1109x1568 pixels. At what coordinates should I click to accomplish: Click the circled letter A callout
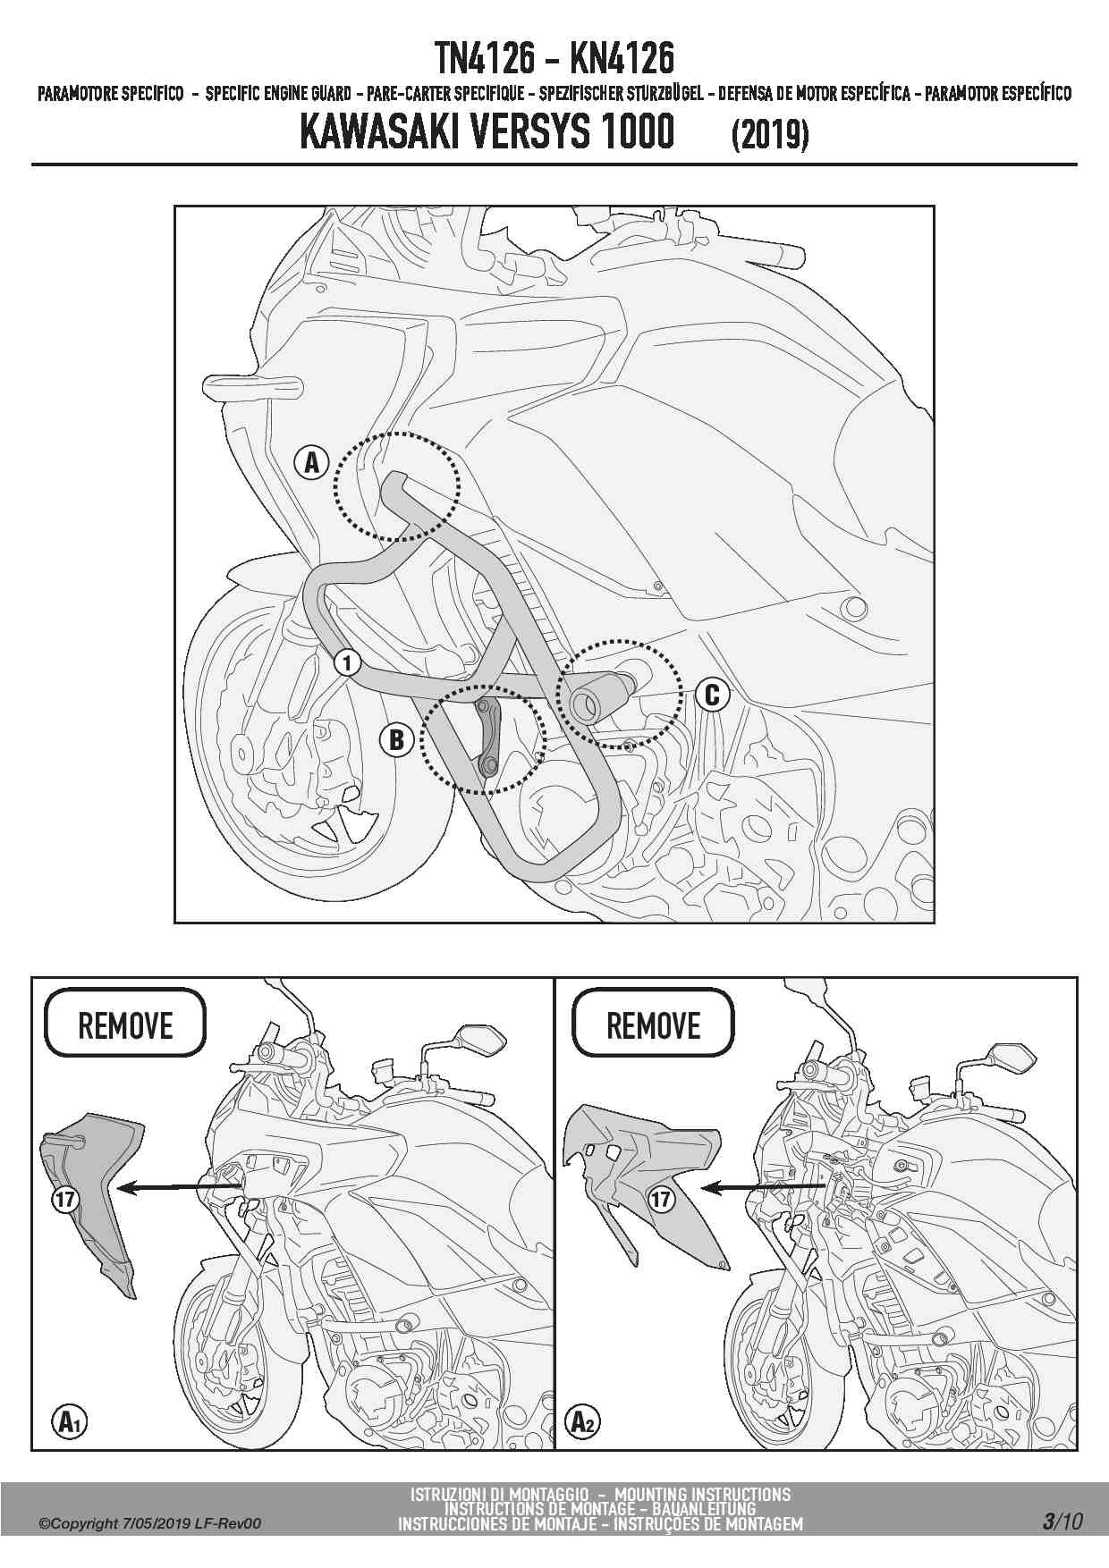[x=311, y=462]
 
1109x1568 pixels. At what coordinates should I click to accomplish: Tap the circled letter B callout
[x=395, y=739]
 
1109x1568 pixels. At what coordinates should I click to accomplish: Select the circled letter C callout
[x=712, y=694]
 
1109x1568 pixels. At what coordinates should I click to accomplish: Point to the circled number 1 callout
[x=347, y=662]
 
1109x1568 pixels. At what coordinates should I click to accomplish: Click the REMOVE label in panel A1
[x=125, y=1024]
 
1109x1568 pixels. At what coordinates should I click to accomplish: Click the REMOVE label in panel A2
[x=653, y=1024]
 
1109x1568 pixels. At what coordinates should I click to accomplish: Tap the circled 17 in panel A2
[x=661, y=1199]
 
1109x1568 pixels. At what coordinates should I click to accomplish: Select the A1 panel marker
[x=69, y=1420]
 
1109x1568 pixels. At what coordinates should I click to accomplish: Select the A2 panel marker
[x=582, y=1420]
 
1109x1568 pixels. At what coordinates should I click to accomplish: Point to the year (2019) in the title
[x=770, y=135]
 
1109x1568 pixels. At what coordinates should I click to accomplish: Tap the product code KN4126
[x=622, y=59]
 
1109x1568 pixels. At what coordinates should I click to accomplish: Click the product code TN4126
[x=486, y=59]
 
